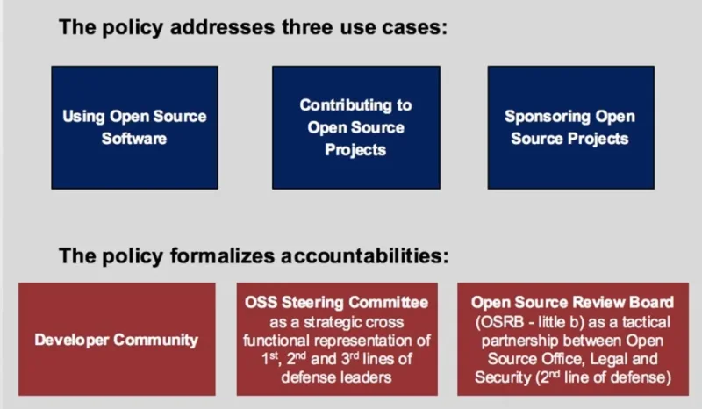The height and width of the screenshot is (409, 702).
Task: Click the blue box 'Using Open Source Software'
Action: click(134, 127)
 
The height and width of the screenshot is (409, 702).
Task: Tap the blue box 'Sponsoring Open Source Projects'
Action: click(570, 127)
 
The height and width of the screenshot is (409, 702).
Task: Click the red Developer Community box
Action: click(117, 340)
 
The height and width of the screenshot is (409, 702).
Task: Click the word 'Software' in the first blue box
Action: click(134, 139)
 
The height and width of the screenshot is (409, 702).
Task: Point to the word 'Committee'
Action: click(386, 303)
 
